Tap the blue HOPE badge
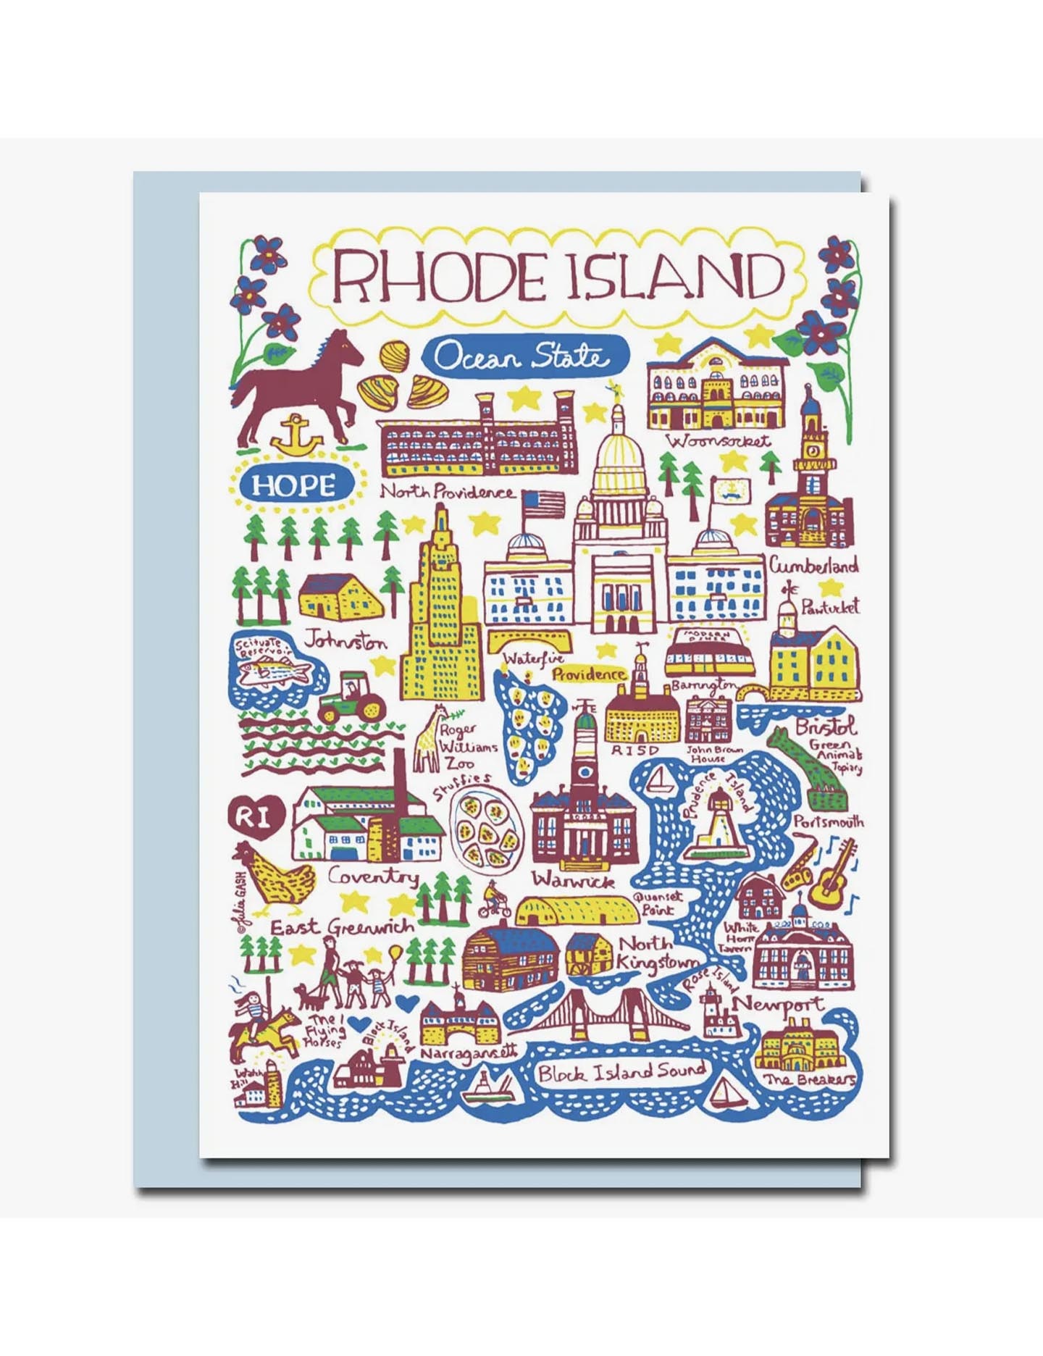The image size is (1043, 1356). [293, 485]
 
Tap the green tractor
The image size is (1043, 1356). [351, 698]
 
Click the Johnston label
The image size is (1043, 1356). [345, 641]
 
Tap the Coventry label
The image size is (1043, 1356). [373, 876]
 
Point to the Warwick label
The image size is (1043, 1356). [573, 881]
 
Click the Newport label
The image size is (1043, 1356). [778, 1004]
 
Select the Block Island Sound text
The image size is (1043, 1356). [621, 1072]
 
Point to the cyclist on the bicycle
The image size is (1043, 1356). [494, 900]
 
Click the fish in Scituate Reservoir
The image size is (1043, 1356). [275, 674]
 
